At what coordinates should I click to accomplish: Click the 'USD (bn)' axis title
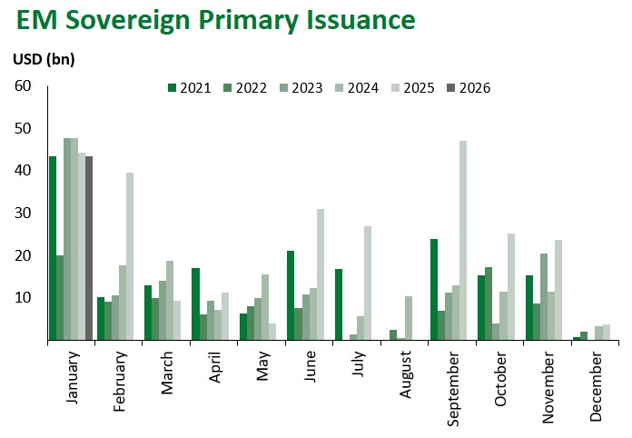click(x=44, y=60)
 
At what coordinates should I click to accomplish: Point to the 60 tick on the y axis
click(x=23, y=85)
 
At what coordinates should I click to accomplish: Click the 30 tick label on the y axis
click(x=23, y=213)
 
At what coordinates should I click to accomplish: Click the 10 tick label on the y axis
click(x=23, y=298)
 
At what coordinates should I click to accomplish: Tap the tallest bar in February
click(x=130, y=256)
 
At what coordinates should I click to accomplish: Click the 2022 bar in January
click(x=60, y=297)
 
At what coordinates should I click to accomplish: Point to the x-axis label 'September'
click(x=454, y=382)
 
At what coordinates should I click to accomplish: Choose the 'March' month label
click(x=168, y=373)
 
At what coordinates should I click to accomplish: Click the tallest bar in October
click(x=511, y=286)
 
